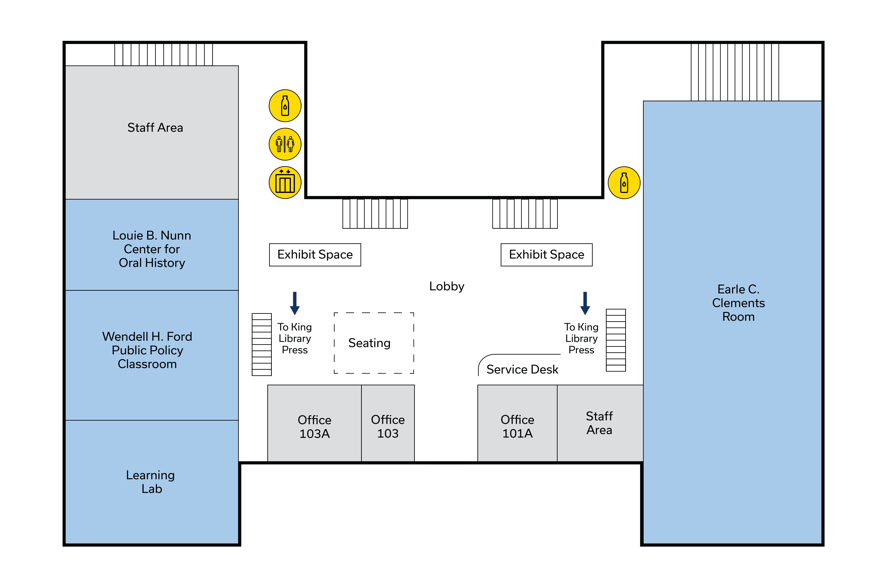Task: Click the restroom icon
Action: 285,144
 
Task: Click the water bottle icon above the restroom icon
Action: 285,106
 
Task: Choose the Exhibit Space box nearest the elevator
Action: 315,254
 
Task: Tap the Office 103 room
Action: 388,426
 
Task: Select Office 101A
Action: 517,426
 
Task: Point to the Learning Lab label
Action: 150,482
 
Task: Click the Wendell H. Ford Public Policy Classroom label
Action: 147,350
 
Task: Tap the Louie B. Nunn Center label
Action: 152,249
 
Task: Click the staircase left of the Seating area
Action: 261,344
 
